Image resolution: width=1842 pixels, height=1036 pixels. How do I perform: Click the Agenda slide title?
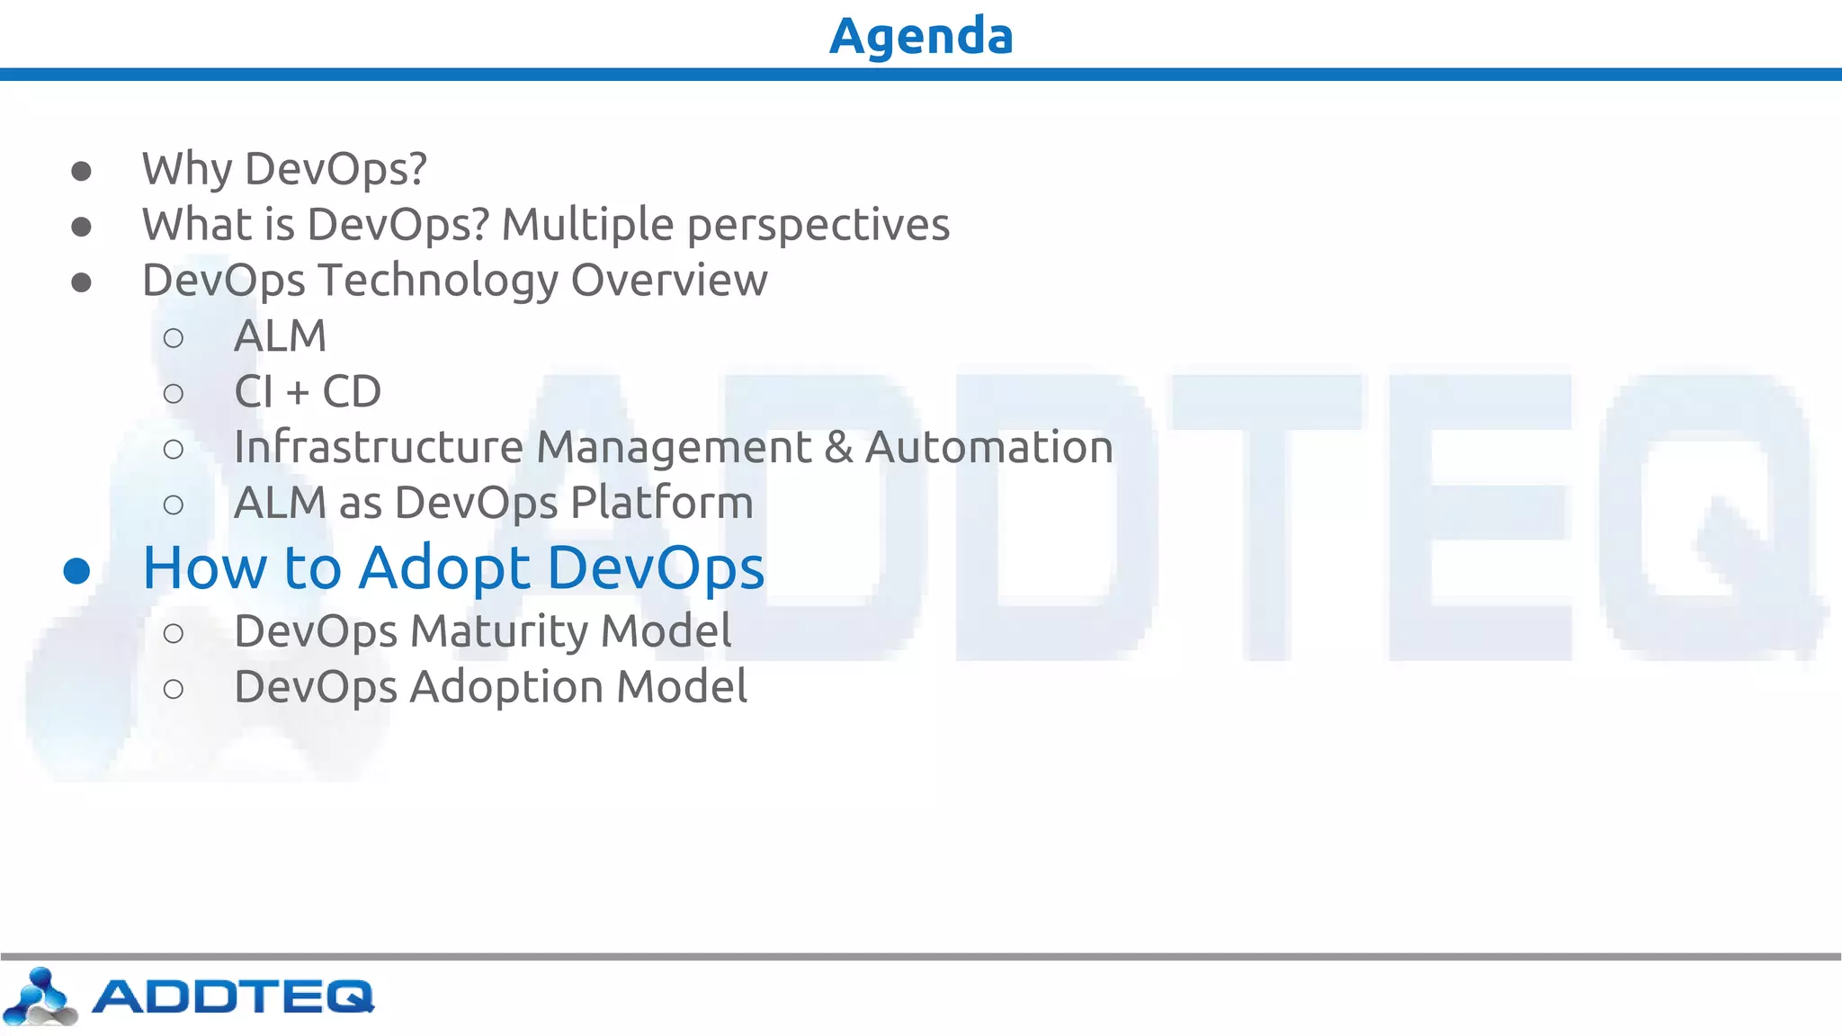point(921,36)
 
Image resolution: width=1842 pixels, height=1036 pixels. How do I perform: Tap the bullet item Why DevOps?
point(284,169)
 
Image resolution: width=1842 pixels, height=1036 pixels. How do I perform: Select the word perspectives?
point(818,225)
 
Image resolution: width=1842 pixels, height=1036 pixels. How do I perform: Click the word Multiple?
point(587,225)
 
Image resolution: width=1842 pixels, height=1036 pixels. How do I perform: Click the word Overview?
point(669,280)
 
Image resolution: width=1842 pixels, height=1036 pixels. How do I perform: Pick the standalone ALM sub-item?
point(280,336)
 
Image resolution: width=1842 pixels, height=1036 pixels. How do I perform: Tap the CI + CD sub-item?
point(308,392)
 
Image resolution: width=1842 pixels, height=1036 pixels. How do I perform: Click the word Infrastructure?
point(378,447)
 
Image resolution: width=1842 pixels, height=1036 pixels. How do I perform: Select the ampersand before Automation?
point(838,447)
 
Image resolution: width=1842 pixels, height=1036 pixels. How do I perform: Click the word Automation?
point(988,447)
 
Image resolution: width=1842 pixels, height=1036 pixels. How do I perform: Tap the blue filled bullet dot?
point(77,571)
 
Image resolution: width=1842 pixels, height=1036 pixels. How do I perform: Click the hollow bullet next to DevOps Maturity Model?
point(174,634)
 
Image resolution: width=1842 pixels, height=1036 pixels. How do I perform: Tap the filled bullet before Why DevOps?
point(81,171)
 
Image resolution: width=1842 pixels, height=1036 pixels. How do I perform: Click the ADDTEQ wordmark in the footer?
point(232,996)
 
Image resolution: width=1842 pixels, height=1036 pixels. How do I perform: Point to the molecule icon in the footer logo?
point(40,996)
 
